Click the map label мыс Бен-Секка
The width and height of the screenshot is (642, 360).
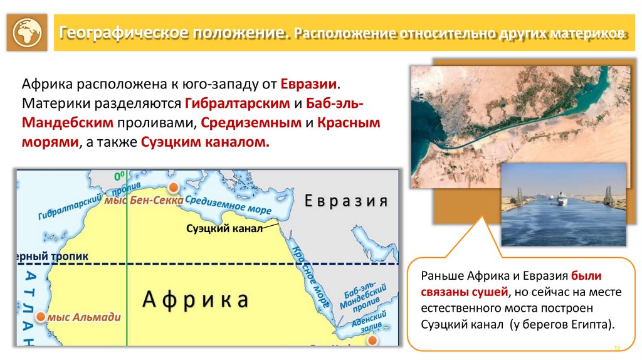(144, 200)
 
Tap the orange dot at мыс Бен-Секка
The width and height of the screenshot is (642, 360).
(174, 187)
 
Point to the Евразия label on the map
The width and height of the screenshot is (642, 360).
(346, 201)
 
